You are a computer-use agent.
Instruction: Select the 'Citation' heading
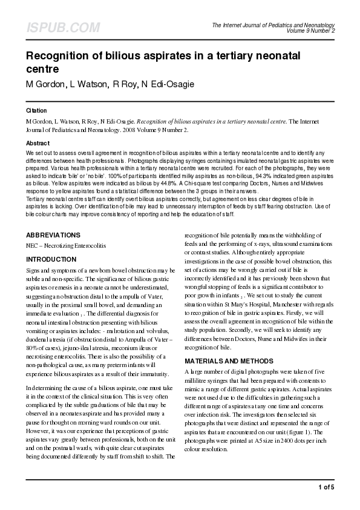click(x=36, y=111)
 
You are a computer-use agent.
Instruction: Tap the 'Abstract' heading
click(x=38, y=143)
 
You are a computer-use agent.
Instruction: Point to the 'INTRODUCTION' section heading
click(x=51, y=259)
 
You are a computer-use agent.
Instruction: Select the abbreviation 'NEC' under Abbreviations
click(x=32, y=247)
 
